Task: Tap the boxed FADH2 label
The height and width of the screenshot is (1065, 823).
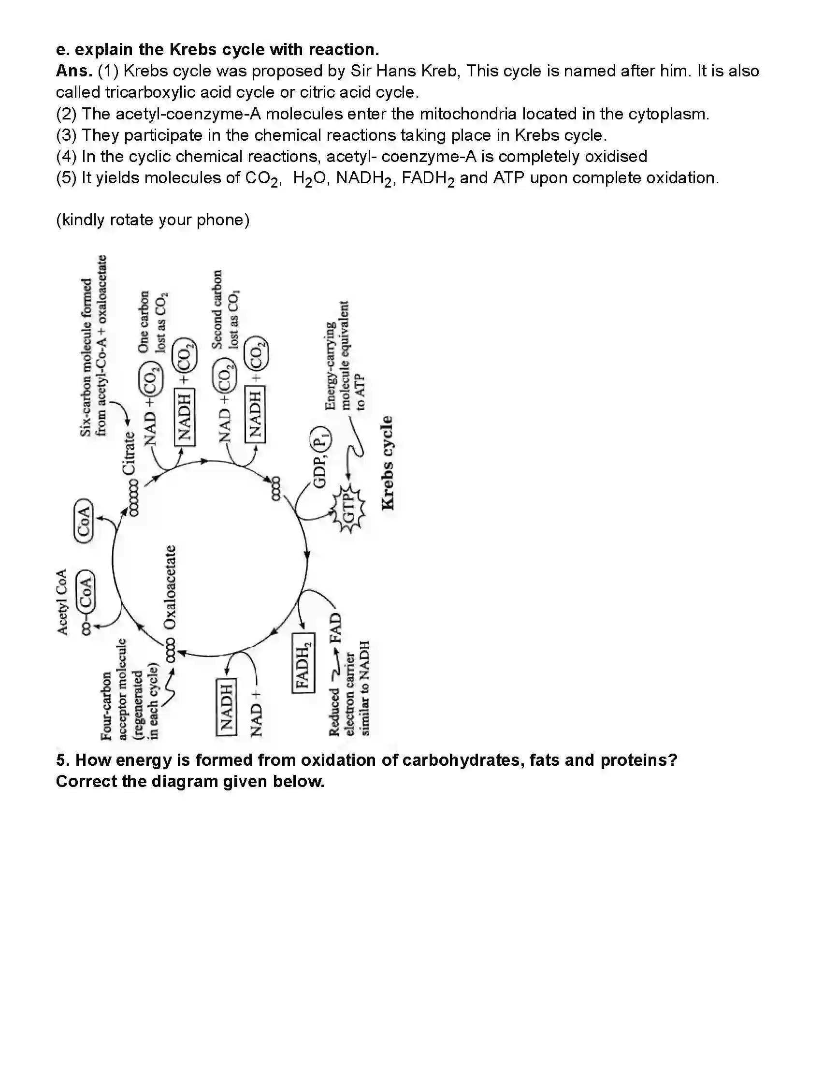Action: coord(303,662)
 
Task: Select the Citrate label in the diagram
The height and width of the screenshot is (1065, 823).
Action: coord(129,453)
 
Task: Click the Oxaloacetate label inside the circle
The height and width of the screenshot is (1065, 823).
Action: coord(170,587)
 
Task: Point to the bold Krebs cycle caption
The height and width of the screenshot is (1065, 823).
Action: coord(387,463)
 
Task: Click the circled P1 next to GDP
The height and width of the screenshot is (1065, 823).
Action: coord(319,438)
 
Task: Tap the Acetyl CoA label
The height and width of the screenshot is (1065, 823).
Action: coord(62,602)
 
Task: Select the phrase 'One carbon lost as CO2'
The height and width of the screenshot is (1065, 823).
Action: coord(152,322)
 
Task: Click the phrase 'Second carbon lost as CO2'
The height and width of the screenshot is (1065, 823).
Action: coord(225,310)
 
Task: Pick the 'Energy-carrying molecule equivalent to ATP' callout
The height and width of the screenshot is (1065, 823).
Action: coord(343,356)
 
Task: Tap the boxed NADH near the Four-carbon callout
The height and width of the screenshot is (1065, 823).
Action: coord(226,707)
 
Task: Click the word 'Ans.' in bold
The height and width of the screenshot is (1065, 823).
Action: coord(74,71)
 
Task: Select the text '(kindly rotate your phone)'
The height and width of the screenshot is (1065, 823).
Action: coord(153,220)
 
